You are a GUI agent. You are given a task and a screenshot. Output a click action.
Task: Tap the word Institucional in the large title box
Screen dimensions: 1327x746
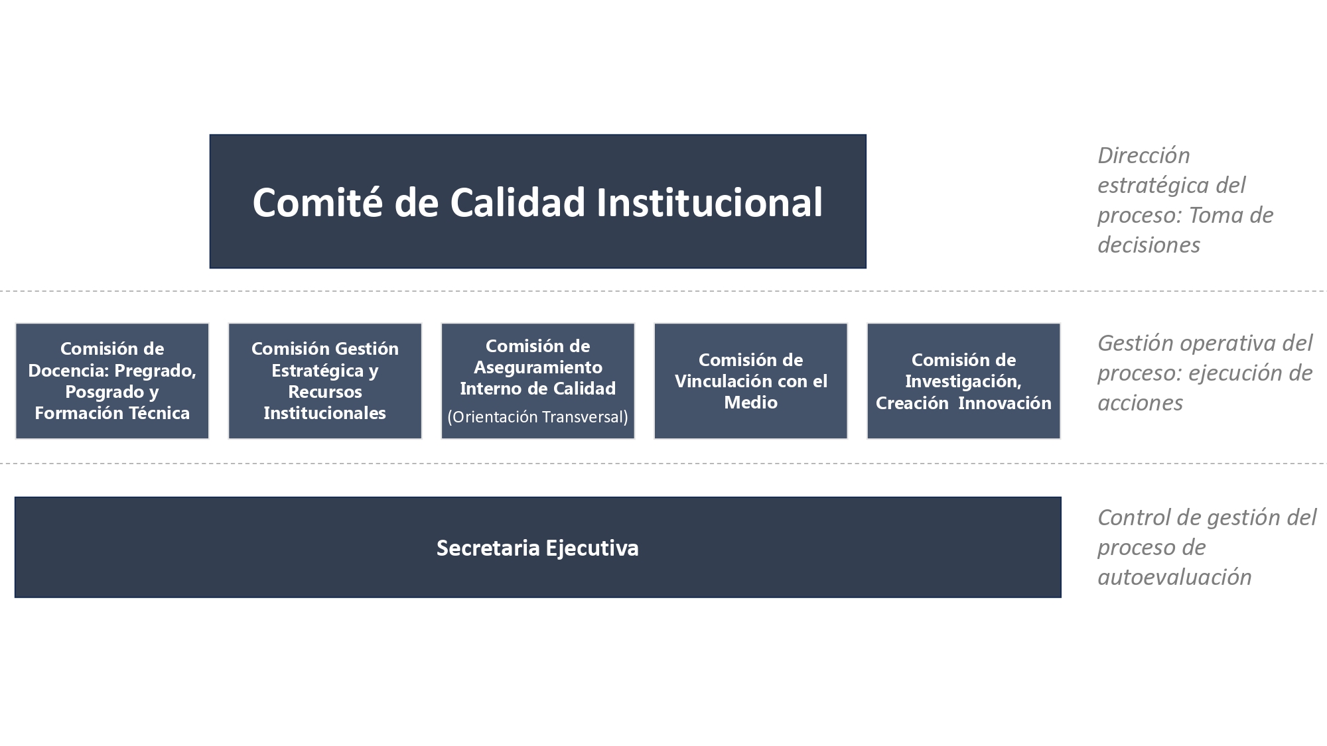[709, 202]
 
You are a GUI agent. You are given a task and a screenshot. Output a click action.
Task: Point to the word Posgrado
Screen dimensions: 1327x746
[104, 392]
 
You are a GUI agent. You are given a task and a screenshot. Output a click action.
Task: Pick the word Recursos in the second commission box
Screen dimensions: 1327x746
[325, 391]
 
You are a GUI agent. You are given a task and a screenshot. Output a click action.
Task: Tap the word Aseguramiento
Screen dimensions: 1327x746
[538, 367]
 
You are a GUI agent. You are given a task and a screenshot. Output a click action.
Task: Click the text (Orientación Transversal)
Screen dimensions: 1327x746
[537, 416]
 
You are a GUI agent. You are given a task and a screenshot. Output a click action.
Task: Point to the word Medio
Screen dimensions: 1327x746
[750, 402]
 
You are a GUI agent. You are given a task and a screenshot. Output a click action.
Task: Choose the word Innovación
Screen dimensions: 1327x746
[1005, 403]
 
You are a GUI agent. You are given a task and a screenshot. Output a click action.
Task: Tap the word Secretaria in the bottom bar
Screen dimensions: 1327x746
[488, 548]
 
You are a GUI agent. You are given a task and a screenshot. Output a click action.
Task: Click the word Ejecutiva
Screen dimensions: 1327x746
[592, 548]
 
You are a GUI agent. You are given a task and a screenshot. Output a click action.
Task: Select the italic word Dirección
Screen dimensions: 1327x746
[1144, 155]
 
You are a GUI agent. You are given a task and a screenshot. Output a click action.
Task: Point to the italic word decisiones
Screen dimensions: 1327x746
[1149, 245]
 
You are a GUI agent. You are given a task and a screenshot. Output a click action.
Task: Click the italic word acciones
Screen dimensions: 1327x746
[1140, 403]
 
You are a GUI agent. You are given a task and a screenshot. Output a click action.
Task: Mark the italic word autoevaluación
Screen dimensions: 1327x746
[1174, 577]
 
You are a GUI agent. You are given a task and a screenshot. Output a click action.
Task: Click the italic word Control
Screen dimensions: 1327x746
[1130, 517]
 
